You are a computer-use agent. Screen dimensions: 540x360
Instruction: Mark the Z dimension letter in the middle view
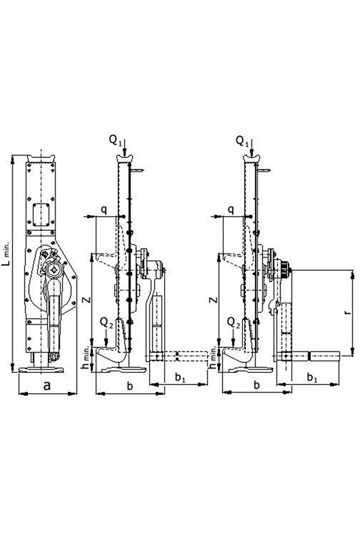click(x=86, y=300)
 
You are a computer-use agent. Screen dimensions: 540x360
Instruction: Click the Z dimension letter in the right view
click(x=213, y=300)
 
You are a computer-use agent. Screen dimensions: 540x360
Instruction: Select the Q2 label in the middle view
click(x=106, y=321)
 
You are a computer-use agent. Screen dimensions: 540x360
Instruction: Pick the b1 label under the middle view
click(x=181, y=378)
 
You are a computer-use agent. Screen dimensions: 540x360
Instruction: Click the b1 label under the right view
click(x=311, y=378)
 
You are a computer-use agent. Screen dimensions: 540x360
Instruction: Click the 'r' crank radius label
click(x=346, y=312)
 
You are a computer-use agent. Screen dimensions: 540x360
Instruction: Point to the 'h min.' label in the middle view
click(x=86, y=358)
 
